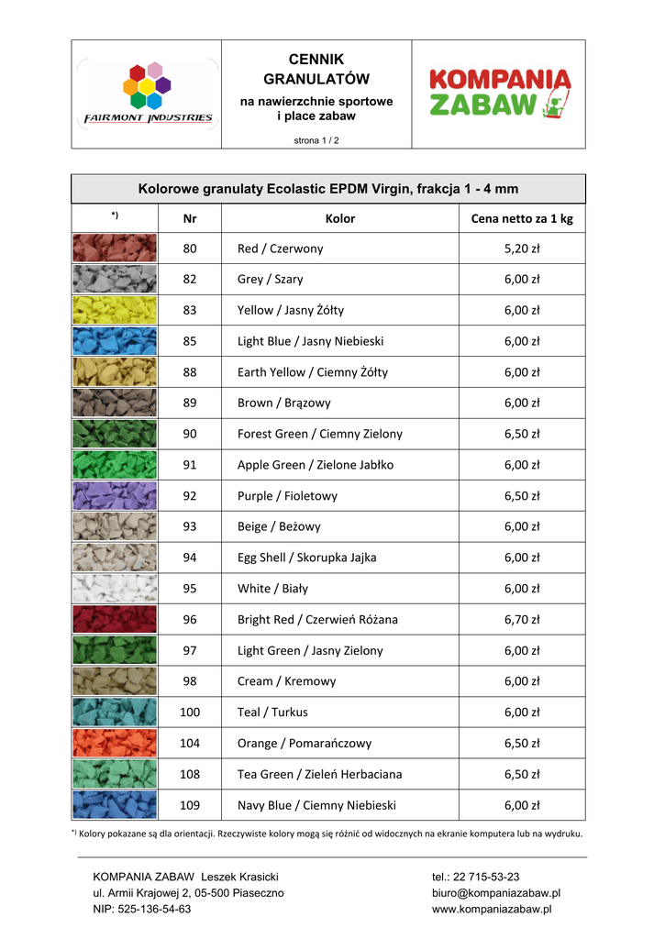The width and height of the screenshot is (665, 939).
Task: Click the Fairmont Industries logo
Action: tap(148, 94)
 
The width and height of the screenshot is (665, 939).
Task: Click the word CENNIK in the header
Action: tap(316, 60)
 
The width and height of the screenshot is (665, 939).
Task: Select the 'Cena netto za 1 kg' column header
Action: tap(521, 219)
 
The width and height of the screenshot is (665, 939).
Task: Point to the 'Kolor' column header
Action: tap(340, 219)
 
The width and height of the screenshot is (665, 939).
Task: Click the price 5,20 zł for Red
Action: tap(521, 249)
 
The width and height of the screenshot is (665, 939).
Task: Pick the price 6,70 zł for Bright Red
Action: tap(521, 620)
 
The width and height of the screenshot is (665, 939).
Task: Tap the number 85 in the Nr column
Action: tap(190, 341)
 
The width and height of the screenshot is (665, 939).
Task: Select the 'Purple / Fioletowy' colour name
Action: tap(287, 496)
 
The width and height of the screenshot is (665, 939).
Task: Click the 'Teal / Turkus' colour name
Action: tap(272, 713)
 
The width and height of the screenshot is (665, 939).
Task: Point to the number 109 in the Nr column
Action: tap(190, 805)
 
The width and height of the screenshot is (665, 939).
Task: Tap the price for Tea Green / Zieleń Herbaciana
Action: tap(521, 774)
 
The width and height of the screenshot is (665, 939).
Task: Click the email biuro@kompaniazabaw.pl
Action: tap(496, 892)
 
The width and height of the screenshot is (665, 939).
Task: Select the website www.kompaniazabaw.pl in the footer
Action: tap(492, 909)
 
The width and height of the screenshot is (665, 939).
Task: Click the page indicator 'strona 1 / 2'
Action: tap(316, 140)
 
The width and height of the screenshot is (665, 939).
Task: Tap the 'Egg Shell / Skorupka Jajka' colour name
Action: tap(306, 558)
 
